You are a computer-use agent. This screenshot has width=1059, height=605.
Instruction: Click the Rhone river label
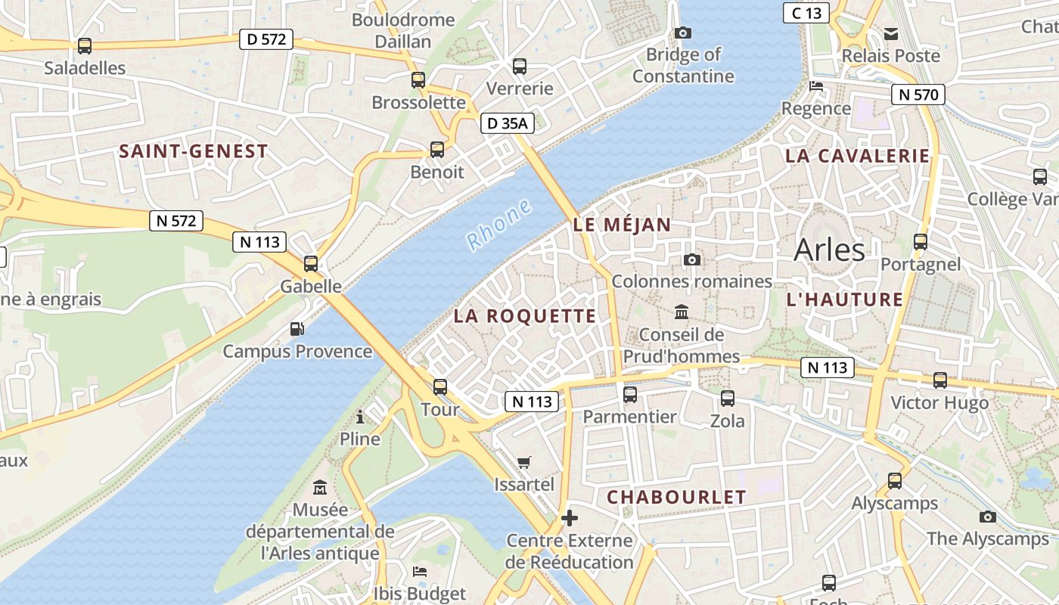(x=499, y=225)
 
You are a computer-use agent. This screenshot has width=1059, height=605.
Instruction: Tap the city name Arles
(x=829, y=250)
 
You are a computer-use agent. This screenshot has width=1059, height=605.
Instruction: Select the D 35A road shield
(x=508, y=123)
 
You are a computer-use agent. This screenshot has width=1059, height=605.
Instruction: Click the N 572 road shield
(x=176, y=221)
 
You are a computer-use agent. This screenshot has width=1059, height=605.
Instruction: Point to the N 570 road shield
(x=918, y=95)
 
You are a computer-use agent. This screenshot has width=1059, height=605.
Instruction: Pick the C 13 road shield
(x=806, y=12)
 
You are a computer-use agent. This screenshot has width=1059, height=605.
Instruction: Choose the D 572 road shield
(x=266, y=39)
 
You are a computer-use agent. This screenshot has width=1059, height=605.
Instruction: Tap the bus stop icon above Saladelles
(x=85, y=46)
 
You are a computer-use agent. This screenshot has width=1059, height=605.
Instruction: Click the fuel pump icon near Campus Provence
(x=297, y=329)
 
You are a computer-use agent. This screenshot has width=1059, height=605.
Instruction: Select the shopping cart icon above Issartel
(x=523, y=462)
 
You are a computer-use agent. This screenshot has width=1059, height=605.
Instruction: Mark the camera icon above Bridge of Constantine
(x=682, y=33)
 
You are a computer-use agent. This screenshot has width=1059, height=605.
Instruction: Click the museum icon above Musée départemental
(x=320, y=487)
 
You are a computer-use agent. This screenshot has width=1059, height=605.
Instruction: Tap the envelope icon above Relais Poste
(x=891, y=33)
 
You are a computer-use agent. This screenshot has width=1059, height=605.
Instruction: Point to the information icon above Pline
(x=360, y=417)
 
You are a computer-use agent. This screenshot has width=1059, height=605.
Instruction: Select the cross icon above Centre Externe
(x=570, y=518)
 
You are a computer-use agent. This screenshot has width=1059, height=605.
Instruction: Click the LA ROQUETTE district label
(x=525, y=316)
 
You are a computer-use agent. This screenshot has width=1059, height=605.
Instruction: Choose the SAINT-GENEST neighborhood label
(x=194, y=151)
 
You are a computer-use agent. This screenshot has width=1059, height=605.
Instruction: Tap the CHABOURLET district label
(x=676, y=497)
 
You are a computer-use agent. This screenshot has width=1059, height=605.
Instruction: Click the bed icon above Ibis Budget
(x=419, y=571)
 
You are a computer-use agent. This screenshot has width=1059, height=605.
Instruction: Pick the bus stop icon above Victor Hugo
(x=940, y=380)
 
